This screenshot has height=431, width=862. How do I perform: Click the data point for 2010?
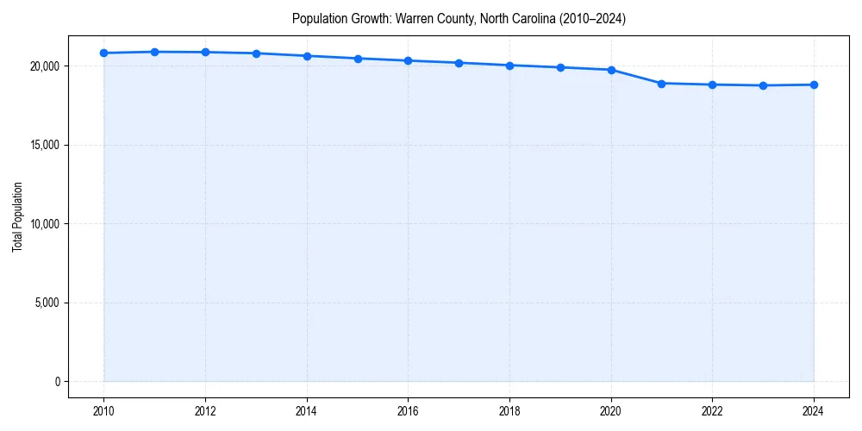coord(103,53)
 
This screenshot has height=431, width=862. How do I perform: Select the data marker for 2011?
coord(154,52)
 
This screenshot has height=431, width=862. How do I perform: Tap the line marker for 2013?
coord(256,53)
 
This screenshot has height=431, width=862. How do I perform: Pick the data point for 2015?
coord(358,59)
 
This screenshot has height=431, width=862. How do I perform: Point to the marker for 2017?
coord(459,63)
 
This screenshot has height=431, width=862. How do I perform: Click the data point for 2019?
coord(560,67)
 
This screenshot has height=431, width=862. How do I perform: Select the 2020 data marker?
coord(611,70)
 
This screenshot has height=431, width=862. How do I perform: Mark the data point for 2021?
coord(661,84)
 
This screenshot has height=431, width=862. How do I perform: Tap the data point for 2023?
coord(763,85)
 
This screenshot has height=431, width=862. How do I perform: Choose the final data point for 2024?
coord(814,84)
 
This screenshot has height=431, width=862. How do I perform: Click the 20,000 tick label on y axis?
coord(44,66)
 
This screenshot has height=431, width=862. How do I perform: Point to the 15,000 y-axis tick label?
coord(44,145)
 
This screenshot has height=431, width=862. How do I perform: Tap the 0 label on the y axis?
coord(56,382)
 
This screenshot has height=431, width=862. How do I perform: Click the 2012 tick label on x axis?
coord(205,411)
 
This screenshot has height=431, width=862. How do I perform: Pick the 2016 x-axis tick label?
coord(408,411)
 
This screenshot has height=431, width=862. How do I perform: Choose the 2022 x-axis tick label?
coord(712,411)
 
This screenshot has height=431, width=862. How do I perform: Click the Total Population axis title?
coord(17,216)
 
